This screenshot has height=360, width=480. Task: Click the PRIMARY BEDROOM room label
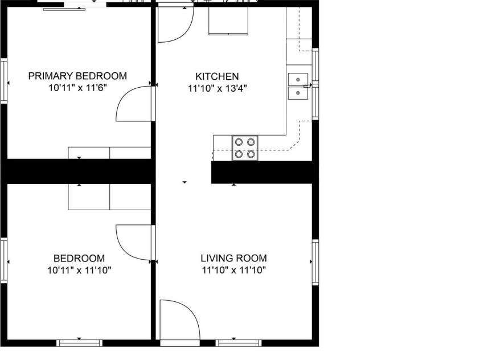point(77,76)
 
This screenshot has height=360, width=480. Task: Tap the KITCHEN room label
point(217,76)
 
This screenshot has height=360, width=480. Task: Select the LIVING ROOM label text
point(233,258)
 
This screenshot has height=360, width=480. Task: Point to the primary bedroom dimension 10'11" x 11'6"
point(77,88)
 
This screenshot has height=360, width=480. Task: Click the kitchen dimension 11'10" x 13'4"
point(217,88)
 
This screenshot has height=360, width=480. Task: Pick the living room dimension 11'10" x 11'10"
point(233,271)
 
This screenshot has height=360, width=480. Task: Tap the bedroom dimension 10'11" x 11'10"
point(79,271)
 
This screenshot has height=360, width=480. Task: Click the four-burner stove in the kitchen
point(245,148)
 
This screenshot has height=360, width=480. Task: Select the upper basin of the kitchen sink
point(298,79)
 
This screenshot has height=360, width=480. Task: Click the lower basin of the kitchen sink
point(298,93)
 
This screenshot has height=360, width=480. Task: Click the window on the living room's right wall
point(315,263)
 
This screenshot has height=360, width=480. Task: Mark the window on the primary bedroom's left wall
point(3,81)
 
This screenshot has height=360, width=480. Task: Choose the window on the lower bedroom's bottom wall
point(80,343)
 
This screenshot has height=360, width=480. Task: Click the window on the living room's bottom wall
point(239,343)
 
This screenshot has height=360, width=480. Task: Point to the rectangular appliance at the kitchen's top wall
point(228,21)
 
